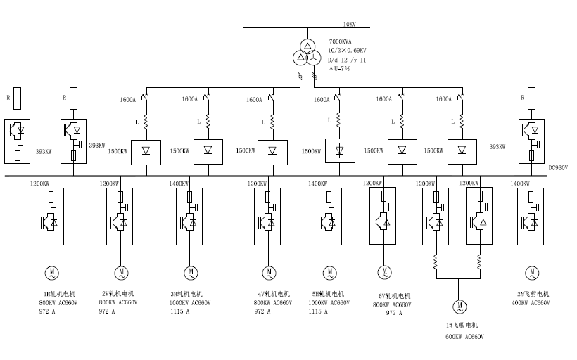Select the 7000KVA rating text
point(341,42)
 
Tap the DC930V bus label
point(557,167)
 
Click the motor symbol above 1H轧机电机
point(51,271)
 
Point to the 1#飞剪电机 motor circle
point(458,306)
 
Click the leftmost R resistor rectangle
point(18,97)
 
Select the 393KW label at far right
point(497,147)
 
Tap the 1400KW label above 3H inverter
point(179,184)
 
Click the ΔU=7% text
point(339,68)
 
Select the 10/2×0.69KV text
point(348,51)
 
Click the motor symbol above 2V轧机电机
point(121,271)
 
